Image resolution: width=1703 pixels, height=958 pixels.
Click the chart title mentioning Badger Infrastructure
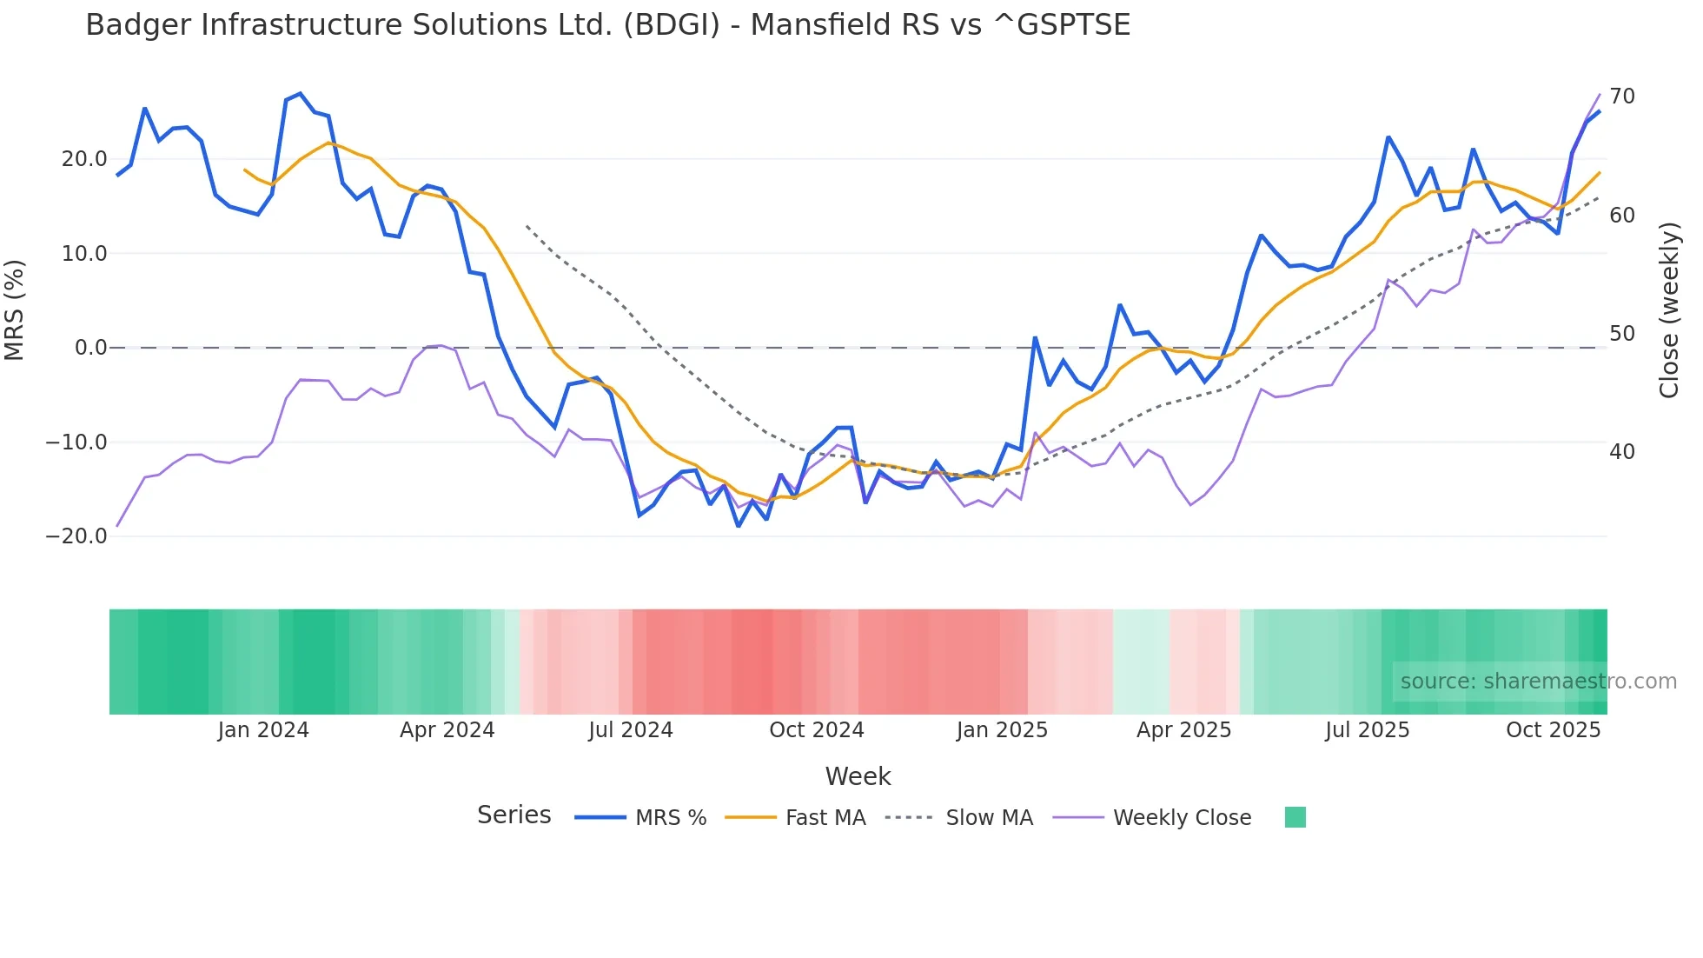[x=607, y=25]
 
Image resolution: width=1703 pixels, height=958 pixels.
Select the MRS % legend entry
[x=641, y=818]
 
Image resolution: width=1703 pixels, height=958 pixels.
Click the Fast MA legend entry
[x=796, y=818]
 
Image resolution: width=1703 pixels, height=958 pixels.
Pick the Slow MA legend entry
[x=959, y=818]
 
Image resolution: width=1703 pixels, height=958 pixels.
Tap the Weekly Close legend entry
[x=1152, y=818]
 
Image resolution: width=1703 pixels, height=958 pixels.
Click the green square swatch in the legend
[x=1295, y=817]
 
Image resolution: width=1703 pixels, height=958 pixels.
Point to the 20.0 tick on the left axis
[x=84, y=159]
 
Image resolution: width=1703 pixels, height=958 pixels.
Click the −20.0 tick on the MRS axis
[x=76, y=536]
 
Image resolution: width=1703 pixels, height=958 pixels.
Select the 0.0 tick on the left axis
[x=90, y=348]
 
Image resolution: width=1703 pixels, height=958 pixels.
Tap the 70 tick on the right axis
[x=1622, y=96]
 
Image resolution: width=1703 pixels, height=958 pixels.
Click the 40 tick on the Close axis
[x=1622, y=452]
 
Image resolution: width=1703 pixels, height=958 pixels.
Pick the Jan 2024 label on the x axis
[x=263, y=730]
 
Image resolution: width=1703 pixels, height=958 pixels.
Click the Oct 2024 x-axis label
[x=817, y=730]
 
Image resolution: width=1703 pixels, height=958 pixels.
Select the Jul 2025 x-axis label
[x=1367, y=730]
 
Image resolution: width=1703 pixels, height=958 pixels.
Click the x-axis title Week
[x=858, y=776]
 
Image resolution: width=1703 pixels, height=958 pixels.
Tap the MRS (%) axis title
[x=15, y=310]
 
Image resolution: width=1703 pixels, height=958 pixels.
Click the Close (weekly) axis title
[x=1669, y=310]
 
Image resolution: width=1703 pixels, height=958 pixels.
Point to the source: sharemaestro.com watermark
[x=1538, y=682]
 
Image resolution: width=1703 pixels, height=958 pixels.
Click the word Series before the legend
[x=514, y=815]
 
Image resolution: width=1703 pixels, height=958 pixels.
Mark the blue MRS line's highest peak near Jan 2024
[x=300, y=94]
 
